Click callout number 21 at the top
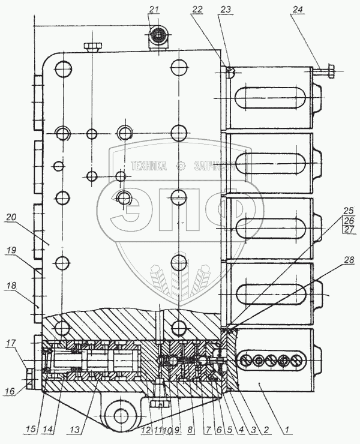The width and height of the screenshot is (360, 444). [x=154, y=9]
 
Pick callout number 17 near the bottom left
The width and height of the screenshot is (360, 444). [x=11, y=344]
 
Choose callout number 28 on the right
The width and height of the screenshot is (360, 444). [x=349, y=260]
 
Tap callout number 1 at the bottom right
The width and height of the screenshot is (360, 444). [x=289, y=429]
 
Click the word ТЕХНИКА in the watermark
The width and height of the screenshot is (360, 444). [x=148, y=167]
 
